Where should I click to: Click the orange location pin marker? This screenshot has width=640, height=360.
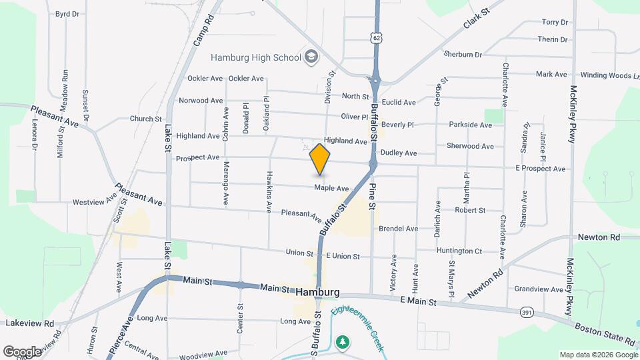pyautogui.click(x=320, y=159)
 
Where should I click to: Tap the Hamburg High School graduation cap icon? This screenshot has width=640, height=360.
pyautogui.click(x=311, y=57)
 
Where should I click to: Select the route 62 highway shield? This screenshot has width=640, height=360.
pyautogui.click(x=377, y=39)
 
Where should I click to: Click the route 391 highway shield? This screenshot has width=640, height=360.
pyautogui.click(x=527, y=311)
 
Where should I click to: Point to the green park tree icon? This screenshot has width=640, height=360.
pyautogui.click(x=343, y=341)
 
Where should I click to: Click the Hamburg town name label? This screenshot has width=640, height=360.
pyautogui.click(x=317, y=292)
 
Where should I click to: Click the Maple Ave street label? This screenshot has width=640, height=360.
pyautogui.click(x=331, y=189)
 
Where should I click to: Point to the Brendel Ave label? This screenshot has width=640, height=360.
pyautogui.click(x=398, y=229)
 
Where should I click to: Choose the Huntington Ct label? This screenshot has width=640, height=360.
pyautogui.click(x=459, y=251)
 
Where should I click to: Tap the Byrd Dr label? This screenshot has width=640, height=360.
pyautogui.click(x=67, y=13)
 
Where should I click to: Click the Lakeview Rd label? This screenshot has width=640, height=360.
pyautogui.click(x=29, y=323)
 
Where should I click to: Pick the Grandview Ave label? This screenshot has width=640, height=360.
pyautogui.click(x=539, y=289)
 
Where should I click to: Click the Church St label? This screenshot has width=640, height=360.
pyautogui.click(x=145, y=119)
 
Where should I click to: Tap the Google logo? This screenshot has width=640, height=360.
pyautogui.click(x=21, y=351)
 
